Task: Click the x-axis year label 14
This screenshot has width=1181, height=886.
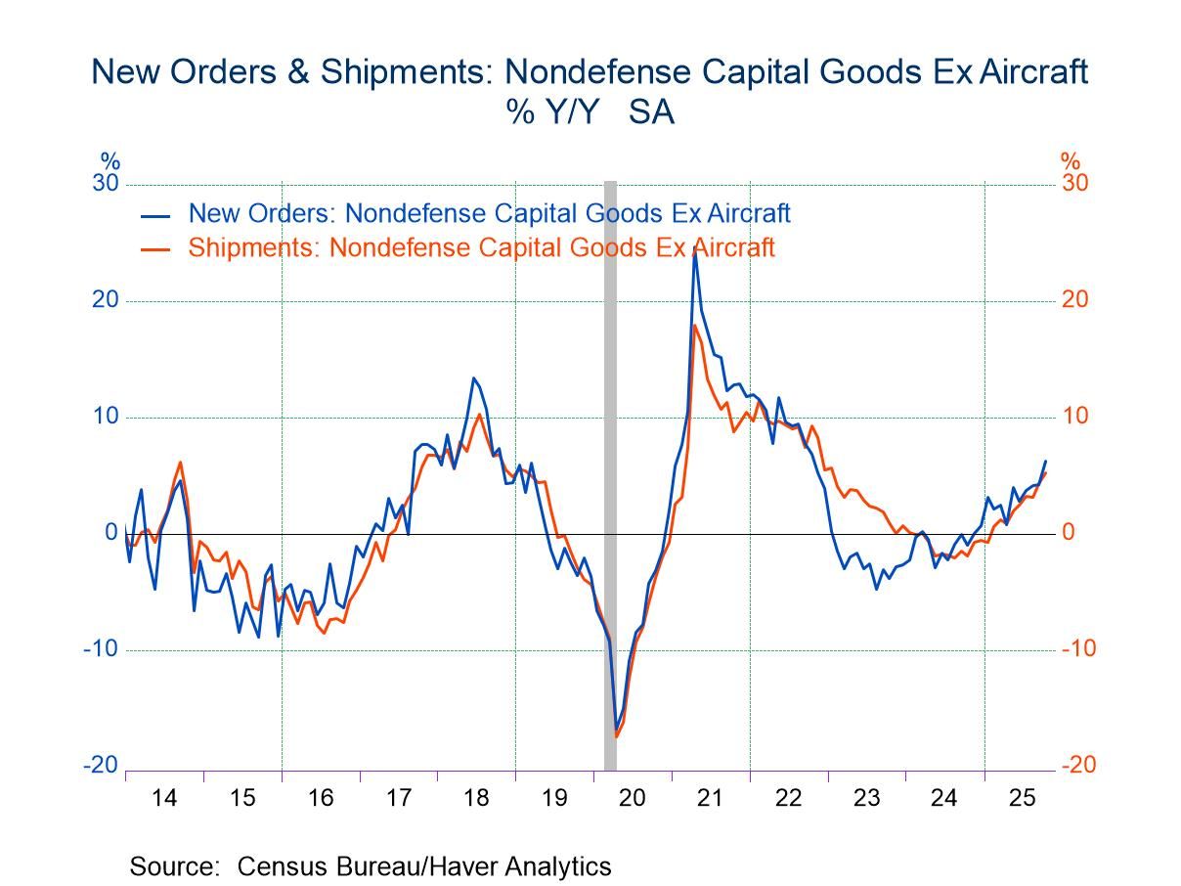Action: tap(165, 798)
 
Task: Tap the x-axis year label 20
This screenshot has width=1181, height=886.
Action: tap(633, 798)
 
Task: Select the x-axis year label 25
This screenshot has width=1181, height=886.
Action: tap(1022, 798)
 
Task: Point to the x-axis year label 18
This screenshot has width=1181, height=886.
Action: tap(476, 798)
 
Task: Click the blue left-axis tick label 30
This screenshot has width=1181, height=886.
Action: tap(106, 184)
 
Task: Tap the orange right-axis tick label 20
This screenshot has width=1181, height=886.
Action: tap(1075, 300)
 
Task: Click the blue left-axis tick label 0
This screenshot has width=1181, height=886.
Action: tap(111, 533)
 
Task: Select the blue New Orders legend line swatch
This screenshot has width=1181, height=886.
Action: tap(155, 215)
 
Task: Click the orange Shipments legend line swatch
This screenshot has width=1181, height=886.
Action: tap(155, 249)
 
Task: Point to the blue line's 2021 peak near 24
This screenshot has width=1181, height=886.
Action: tap(694, 251)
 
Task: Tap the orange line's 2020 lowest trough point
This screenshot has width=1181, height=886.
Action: tap(617, 736)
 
